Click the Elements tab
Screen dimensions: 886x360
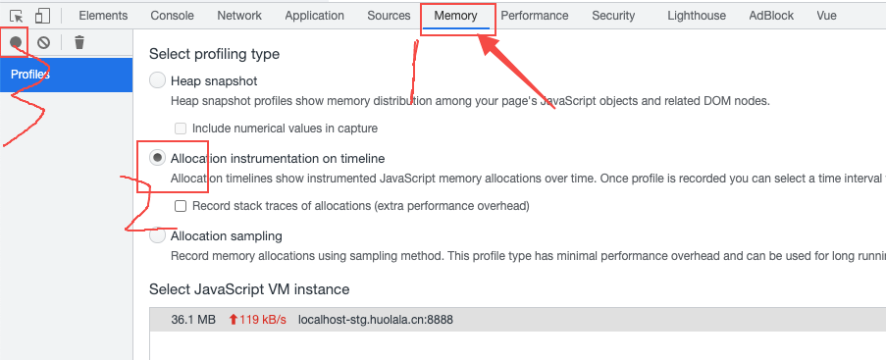point(103,16)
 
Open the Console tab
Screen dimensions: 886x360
point(172,16)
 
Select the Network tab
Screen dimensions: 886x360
point(239,16)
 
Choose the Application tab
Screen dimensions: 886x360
point(314,16)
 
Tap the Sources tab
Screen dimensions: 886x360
point(389,16)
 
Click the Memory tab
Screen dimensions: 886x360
point(455,16)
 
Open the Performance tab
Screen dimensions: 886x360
point(535,16)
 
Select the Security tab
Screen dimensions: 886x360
point(613,16)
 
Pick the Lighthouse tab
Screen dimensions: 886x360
point(697,16)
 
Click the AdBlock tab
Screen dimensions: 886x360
point(771,16)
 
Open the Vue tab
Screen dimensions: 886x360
point(826,16)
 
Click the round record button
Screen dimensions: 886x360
point(16,42)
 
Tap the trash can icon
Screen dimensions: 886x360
point(79,42)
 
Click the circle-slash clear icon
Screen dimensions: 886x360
point(43,42)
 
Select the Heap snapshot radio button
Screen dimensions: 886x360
point(158,80)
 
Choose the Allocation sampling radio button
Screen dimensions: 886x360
point(158,235)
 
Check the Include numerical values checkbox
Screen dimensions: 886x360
point(181,129)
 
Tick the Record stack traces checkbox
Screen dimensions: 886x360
point(181,206)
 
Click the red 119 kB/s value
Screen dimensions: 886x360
point(257,320)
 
